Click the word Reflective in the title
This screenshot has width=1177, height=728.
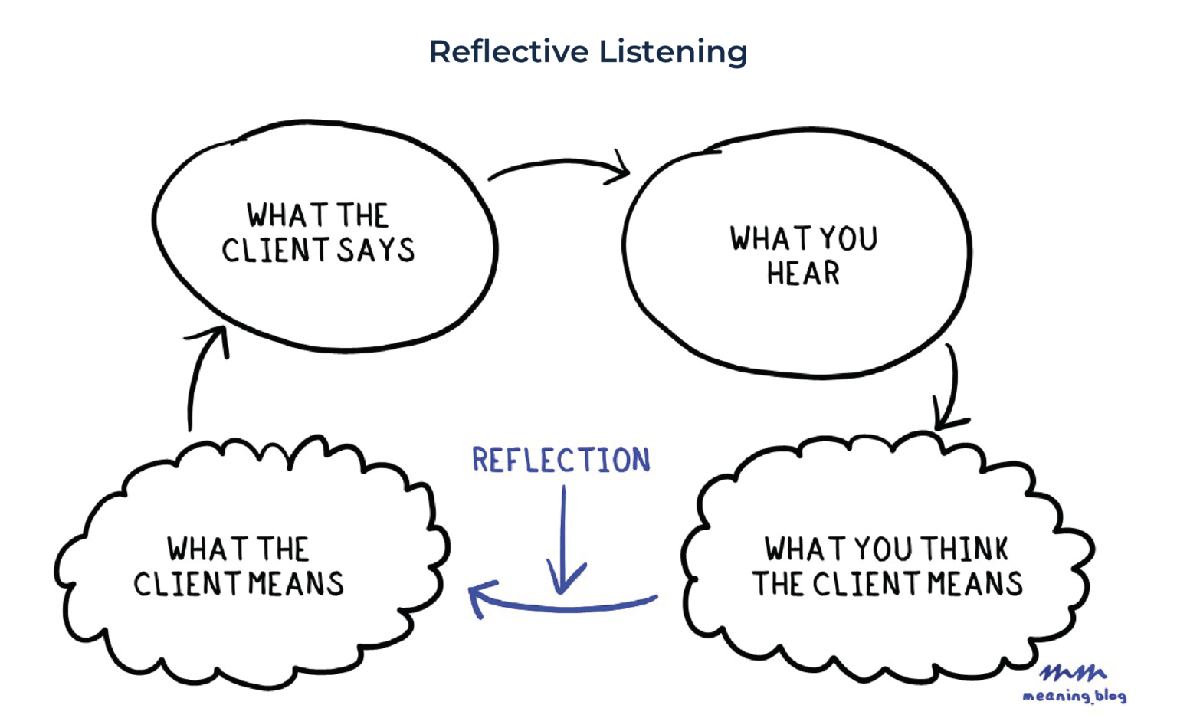pyautogui.click(x=509, y=52)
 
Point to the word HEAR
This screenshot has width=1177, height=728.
pyautogui.click(x=803, y=274)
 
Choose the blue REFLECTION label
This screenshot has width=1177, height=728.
pyautogui.click(x=561, y=461)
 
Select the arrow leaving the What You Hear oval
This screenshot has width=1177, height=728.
pyautogui.click(x=950, y=387)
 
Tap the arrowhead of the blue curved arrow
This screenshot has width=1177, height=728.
pyautogui.click(x=478, y=598)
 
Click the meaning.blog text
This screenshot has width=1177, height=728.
pyautogui.click(x=1074, y=696)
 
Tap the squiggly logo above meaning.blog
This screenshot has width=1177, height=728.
pyautogui.click(x=1073, y=673)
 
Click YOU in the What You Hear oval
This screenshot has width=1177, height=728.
pyautogui.click(x=848, y=239)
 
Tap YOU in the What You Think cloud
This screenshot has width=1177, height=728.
pyautogui.click(x=883, y=549)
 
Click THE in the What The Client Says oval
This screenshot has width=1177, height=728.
pyautogui.click(x=362, y=215)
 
